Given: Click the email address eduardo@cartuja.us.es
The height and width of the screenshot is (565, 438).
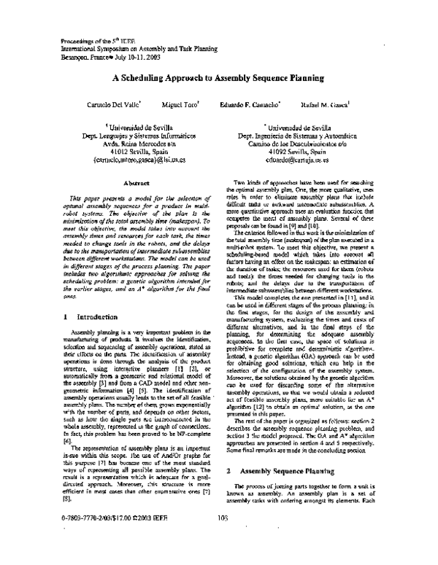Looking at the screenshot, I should click(297, 159).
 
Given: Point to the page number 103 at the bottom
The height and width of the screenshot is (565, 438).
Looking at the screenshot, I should click(223, 558).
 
